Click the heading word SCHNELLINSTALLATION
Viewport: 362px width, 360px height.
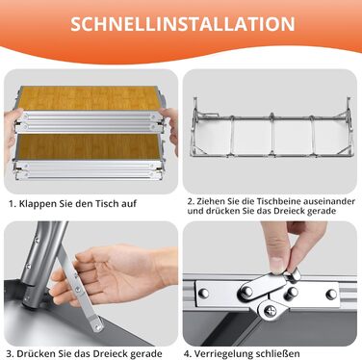tap(183, 24)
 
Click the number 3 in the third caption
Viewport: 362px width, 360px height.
tap(10, 354)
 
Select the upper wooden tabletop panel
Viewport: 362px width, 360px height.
tap(89, 98)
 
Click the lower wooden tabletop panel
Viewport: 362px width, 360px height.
tap(89, 146)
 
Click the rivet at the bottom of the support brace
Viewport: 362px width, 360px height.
tap(98, 327)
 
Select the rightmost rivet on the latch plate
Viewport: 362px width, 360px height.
tap(331, 295)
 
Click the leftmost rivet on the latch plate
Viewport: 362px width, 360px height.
tap(203, 293)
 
